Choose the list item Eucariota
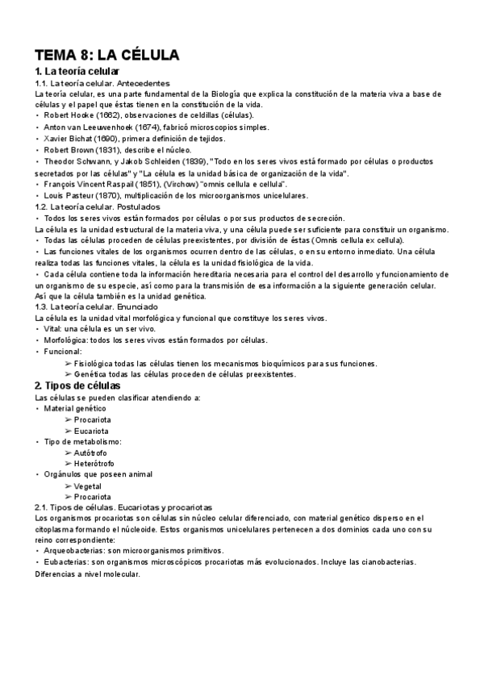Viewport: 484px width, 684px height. coord(91,431)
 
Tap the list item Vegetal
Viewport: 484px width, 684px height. coord(88,486)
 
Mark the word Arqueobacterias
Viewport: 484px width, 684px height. coord(72,549)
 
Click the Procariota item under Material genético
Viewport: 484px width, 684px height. coord(92,419)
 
